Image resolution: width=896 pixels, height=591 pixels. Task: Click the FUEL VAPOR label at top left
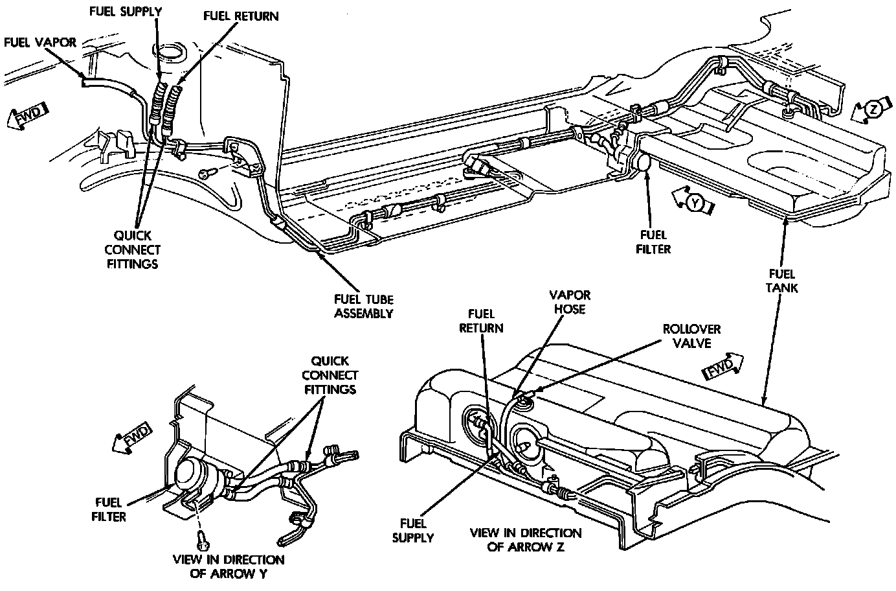[x=40, y=43]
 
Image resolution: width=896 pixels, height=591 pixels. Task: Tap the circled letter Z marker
[x=873, y=110]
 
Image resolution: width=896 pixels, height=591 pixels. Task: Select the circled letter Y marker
[x=695, y=203]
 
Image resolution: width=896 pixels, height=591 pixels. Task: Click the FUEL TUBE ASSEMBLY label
[x=363, y=307]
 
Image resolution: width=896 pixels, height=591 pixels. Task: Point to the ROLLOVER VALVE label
[x=691, y=336]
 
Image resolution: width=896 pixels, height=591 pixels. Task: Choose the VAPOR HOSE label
[x=570, y=302]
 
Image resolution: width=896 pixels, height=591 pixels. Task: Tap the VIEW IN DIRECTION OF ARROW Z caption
[x=525, y=539]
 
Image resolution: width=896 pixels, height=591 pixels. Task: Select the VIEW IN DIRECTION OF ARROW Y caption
[x=228, y=566]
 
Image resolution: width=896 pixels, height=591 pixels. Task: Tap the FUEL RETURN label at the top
[x=240, y=16]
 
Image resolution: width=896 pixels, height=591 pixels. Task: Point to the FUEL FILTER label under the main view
[x=653, y=242]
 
